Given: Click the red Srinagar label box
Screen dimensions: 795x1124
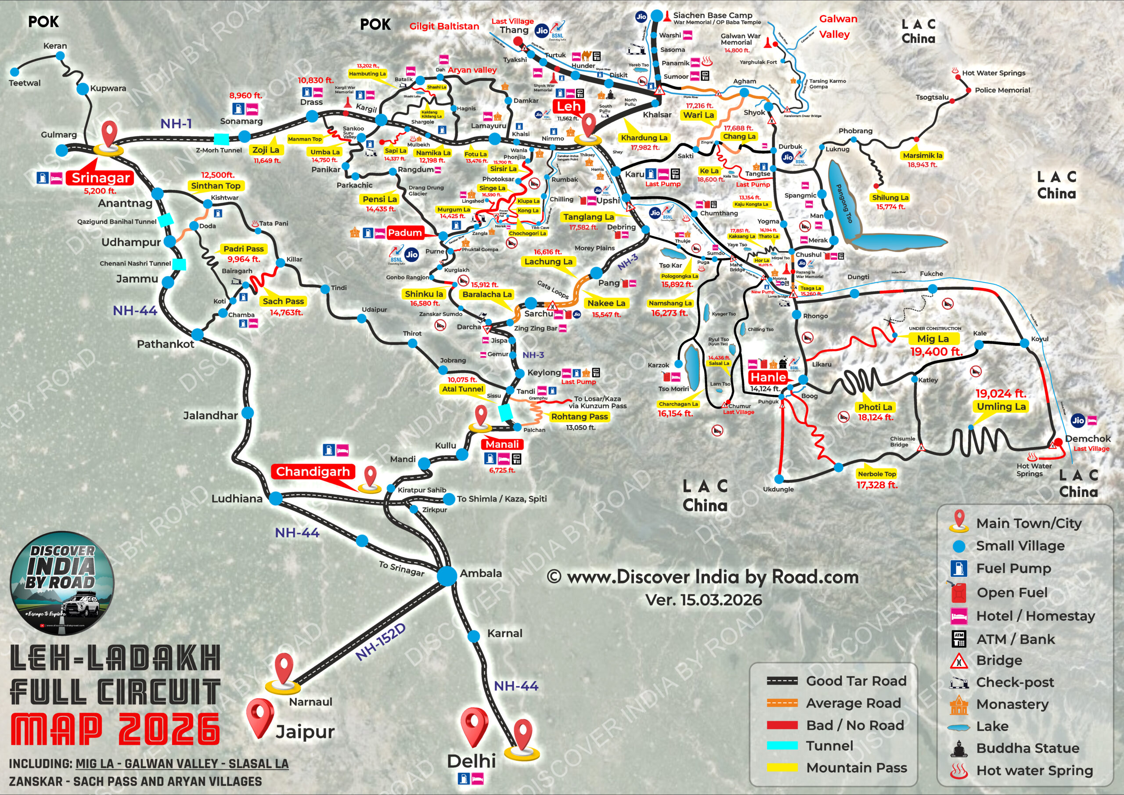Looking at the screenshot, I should coord(101,178).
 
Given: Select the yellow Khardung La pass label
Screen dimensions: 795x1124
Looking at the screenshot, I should coord(644,137).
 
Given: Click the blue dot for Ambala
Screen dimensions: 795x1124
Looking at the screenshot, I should coord(447,576).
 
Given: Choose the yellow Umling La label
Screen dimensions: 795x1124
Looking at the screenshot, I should coord(1001,406).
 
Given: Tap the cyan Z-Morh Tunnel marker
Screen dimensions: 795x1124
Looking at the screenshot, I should coord(221,139).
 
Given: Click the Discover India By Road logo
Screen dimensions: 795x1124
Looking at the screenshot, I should coord(62,583).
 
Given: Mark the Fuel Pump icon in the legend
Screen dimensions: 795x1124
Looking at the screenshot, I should coord(958,568).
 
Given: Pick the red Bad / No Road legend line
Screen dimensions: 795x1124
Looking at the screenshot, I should coord(782,725).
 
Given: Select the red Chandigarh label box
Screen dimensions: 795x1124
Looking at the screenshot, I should coord(313,471).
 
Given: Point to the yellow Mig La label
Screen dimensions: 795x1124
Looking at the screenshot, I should coord(933,339).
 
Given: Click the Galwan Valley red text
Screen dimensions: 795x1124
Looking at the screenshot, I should coord(838,26).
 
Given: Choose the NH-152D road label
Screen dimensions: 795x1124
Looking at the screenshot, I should coord(380,642).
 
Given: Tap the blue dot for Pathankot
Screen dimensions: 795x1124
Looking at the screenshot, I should coord(197,335).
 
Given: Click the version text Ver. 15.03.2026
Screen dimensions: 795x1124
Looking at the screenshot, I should coord(703,600).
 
